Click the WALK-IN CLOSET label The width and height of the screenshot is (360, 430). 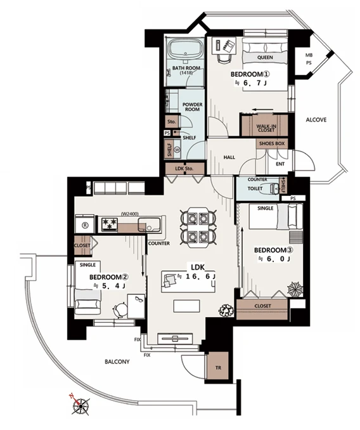(x=266, y=128)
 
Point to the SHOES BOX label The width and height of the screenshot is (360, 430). (x=272, y=143)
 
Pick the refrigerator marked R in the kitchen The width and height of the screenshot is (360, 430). (x=85, y=225)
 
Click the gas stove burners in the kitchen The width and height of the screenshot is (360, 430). (x=109, y=223)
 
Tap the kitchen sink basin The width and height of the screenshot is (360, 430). (x=149, y=225)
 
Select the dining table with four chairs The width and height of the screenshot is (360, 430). (x=198, y=227)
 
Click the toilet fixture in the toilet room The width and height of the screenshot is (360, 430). (x=274, y=188)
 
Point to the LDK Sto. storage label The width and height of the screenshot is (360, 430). (x=184, y=169)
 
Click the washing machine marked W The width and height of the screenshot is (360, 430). (x=177, y=150)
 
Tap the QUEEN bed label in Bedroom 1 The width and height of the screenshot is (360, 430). (x=265, y=57)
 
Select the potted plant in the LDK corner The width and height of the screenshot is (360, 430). (x=226, y=310)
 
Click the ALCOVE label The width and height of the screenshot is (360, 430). (x=316, y=120)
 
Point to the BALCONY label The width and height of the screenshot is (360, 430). (x=117, y=362)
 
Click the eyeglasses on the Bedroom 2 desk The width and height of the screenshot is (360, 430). (x=139, y=299)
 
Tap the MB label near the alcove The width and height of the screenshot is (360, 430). (x=309, y=55)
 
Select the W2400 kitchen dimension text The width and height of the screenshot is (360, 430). (x=130, y=214)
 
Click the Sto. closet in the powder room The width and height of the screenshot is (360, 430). (x=172, y=122)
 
